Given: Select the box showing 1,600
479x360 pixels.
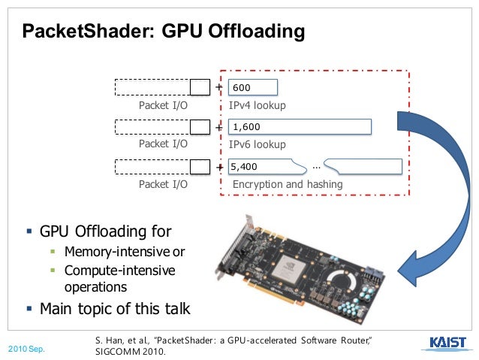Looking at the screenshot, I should (x=300, y=127).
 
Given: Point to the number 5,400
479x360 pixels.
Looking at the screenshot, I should (x=245, y=166).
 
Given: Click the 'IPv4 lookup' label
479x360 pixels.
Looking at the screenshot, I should (x=258, y=105).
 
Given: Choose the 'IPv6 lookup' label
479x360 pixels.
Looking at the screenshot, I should (x=258, y=144).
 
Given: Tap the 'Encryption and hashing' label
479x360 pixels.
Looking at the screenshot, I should (x=288, y=184).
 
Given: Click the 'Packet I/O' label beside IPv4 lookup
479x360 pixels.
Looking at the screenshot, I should (x=163, y=105).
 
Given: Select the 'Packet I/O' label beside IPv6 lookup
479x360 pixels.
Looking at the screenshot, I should (x=163, y=144).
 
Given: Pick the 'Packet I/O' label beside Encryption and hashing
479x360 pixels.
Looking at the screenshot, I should (x=163, y=184).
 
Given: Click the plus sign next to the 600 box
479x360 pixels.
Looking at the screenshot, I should (x=218, y=87).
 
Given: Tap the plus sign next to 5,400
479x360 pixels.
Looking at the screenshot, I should (x=219, y=166).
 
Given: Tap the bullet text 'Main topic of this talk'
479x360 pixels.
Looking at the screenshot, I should (x=115, y=308).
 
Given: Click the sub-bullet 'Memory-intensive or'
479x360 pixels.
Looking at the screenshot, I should (x=125, y=251).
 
